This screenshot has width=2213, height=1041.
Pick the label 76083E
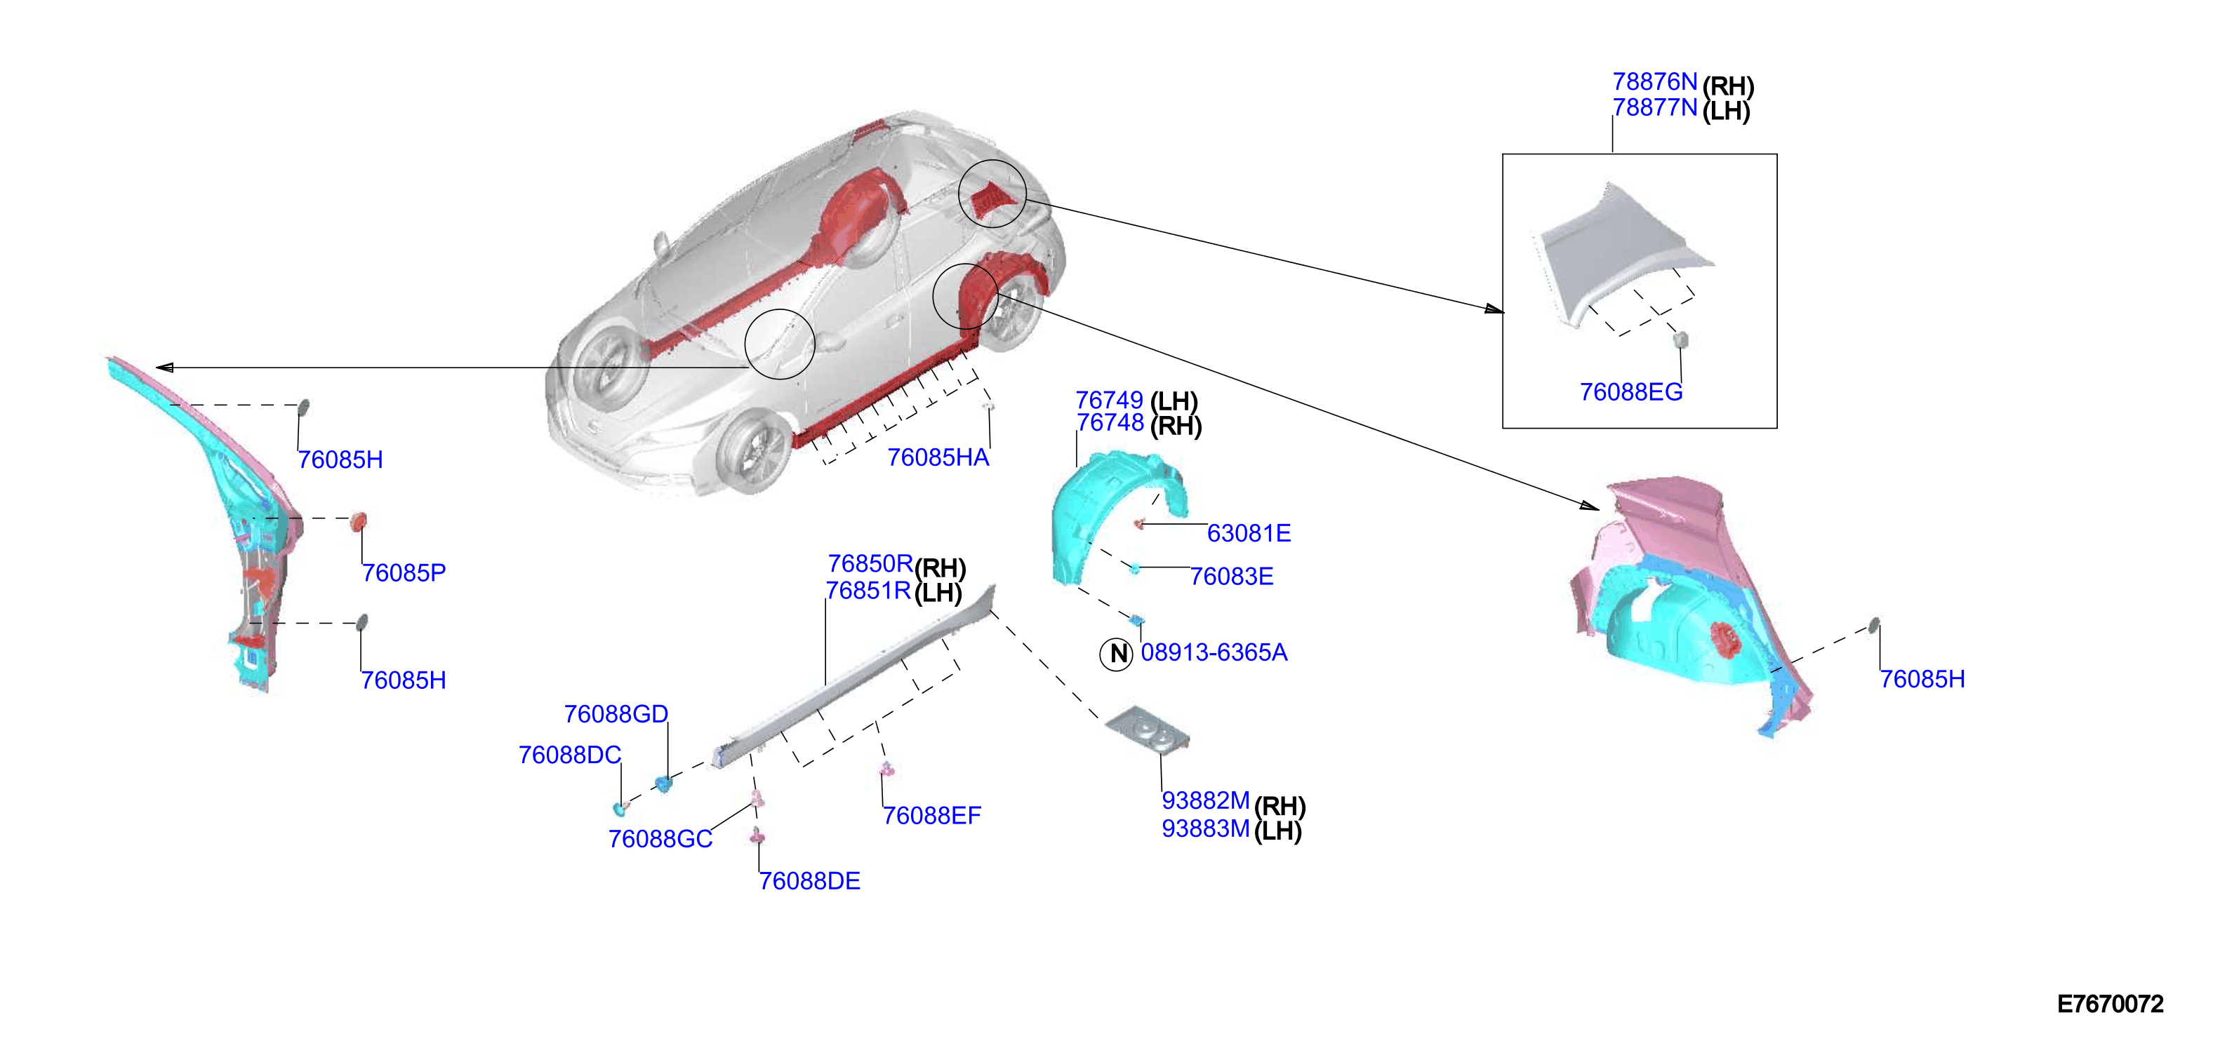pyautogui.click(x=1232, y=577)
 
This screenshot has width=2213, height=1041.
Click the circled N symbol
pyautogui.click(x=1116, y=654)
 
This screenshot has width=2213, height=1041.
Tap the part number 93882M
pyautogui.click(x=1205, y=800)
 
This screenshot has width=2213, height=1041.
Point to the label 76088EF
pyautogui.click(x=932, y=815)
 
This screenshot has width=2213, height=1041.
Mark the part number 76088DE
pyautogui.click(x=809, y=880)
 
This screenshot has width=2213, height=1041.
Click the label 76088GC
pyautogui.click(x=660, y=838)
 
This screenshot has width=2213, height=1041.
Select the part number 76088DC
pyautogui.click(x=570, y=754)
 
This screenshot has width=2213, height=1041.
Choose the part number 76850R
pyautogui.click(x=870, y=563)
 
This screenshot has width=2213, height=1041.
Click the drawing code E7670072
pyautogui.click(x=2110, y=1003)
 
